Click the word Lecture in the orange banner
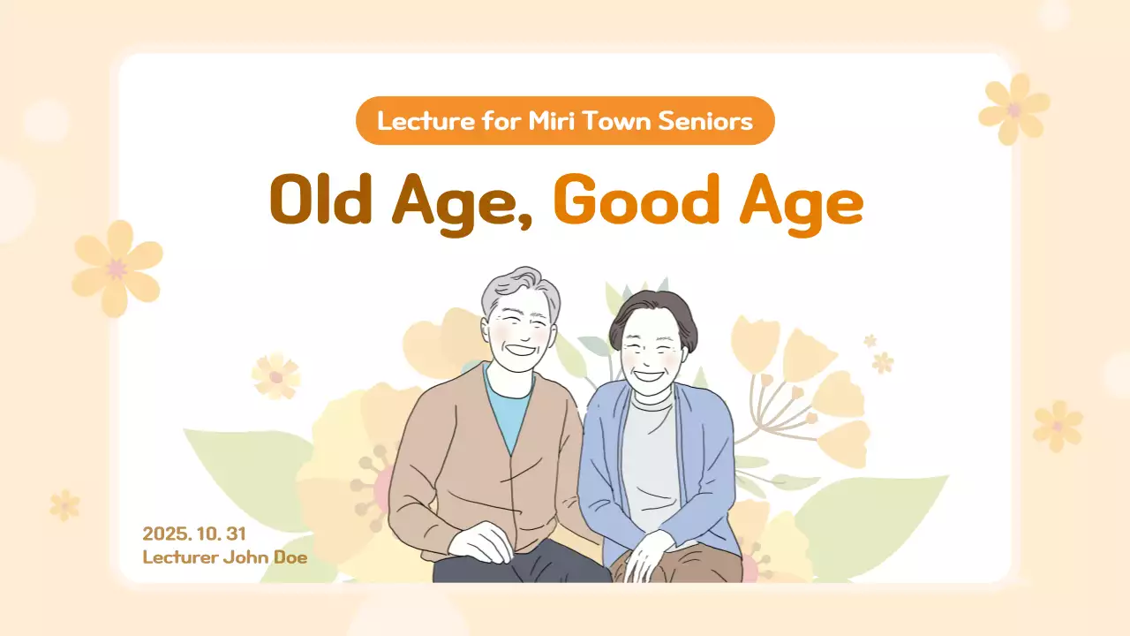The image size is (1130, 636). pyautogui.click(x=415, y=120)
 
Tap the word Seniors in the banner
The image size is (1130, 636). pyautogui.click(x=717, y=120)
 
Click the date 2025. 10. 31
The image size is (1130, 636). pyautogui.click(x=193, y=534)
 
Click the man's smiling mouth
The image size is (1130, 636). pyautogui.click(x=520, y=350)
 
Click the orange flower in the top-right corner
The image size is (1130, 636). pyautogui.click(x=1014, y=108)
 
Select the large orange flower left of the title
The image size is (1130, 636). pyautogui.click(x=117, y=268)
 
